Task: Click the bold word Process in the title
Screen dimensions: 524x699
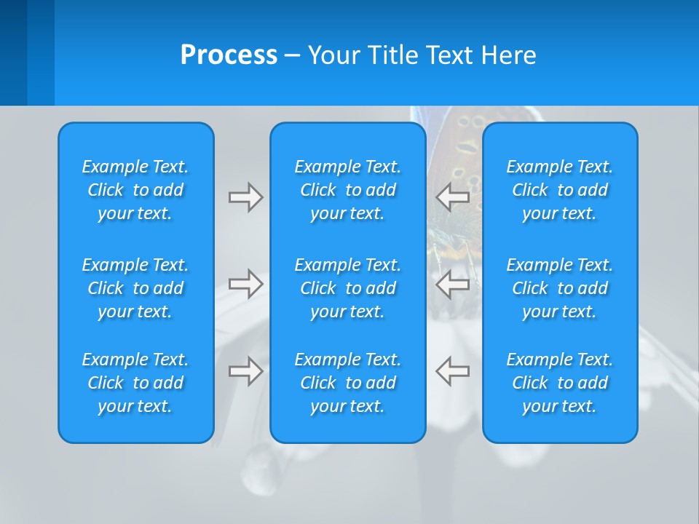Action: pyautogui.click(x=229, y=55)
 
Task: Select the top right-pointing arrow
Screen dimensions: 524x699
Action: pyautogui.click(x=245, y=197)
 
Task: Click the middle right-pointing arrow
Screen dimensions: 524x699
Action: pyautogui.click(x=245, y=284)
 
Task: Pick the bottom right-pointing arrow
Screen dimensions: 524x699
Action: pyautogui.click(x=245, y=371)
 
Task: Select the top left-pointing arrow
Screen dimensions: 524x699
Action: pyautogui.click(x=453, y=197)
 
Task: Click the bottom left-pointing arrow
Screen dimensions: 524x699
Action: pyautogui.click(x=453, y=371)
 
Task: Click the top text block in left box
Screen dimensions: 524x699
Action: pyautogui.click(x=135, y=190)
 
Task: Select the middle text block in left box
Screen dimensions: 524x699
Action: pyautogui.click(x=135, y=288)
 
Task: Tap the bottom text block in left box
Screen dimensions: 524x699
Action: pyautogui.click(x=135, y=383)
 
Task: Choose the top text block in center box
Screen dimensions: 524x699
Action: pyautogui.click(x=347, y=190)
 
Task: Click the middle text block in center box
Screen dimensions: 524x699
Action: pyautogui.click(x=347, y=288)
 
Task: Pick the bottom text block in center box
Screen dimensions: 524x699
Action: pyautogui.click(x=347, y=383)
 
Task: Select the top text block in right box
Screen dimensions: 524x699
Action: pyautogui.click(x=559, y=190)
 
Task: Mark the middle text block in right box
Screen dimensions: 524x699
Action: pyautogui.click(x=559, y=288)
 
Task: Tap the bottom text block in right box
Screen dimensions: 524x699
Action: pyautogui.click(x=559, y=383)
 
